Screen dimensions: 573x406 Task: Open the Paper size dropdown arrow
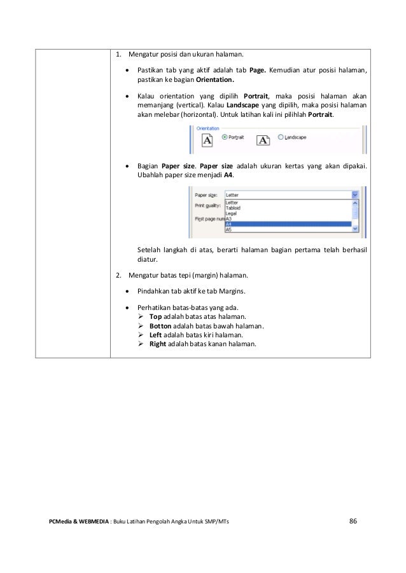coord(354,196)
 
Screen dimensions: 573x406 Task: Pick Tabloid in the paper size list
coord(234,208)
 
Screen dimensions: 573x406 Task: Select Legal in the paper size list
coord(232,213)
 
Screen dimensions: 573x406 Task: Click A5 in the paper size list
coord(229,229)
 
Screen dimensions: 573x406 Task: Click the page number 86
coord(353,522)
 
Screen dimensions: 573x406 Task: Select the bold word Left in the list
coord(155,335)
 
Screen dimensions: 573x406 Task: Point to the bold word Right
coord(158,344)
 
